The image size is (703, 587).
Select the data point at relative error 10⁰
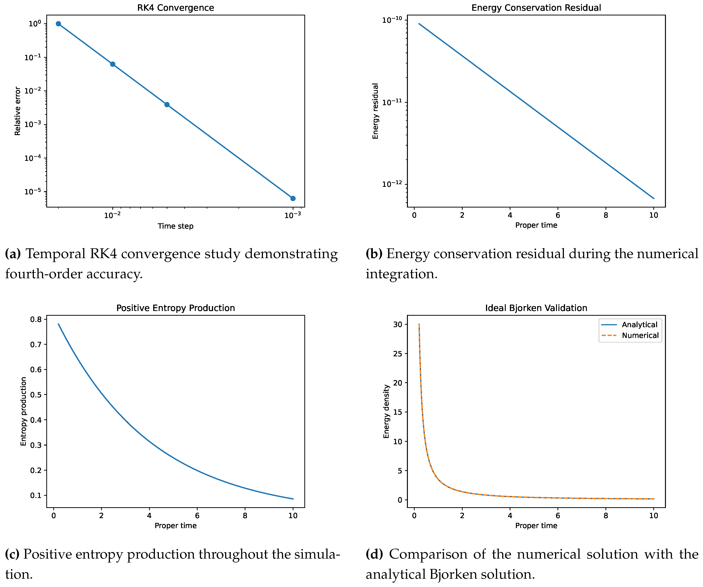(x=58, y=24)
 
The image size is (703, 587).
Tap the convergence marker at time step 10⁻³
(x=293, y=198)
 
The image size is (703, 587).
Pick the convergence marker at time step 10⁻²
(x=113, y=64)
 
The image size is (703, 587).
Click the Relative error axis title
(x=17, y=111)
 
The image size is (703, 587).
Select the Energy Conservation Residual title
(x=536, y=8)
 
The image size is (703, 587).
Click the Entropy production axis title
(x=23, y=411)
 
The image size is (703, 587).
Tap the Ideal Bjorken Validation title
(x=536, y=308)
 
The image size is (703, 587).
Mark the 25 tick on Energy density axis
(x=398, y=353)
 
